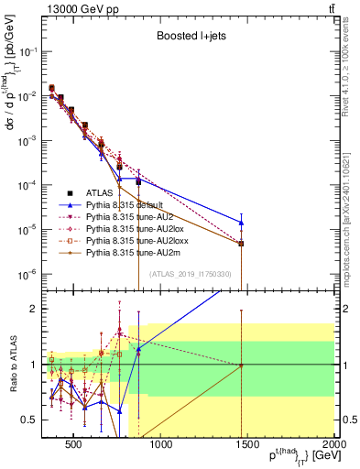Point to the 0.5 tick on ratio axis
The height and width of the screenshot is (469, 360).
click(x=35, y=420)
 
